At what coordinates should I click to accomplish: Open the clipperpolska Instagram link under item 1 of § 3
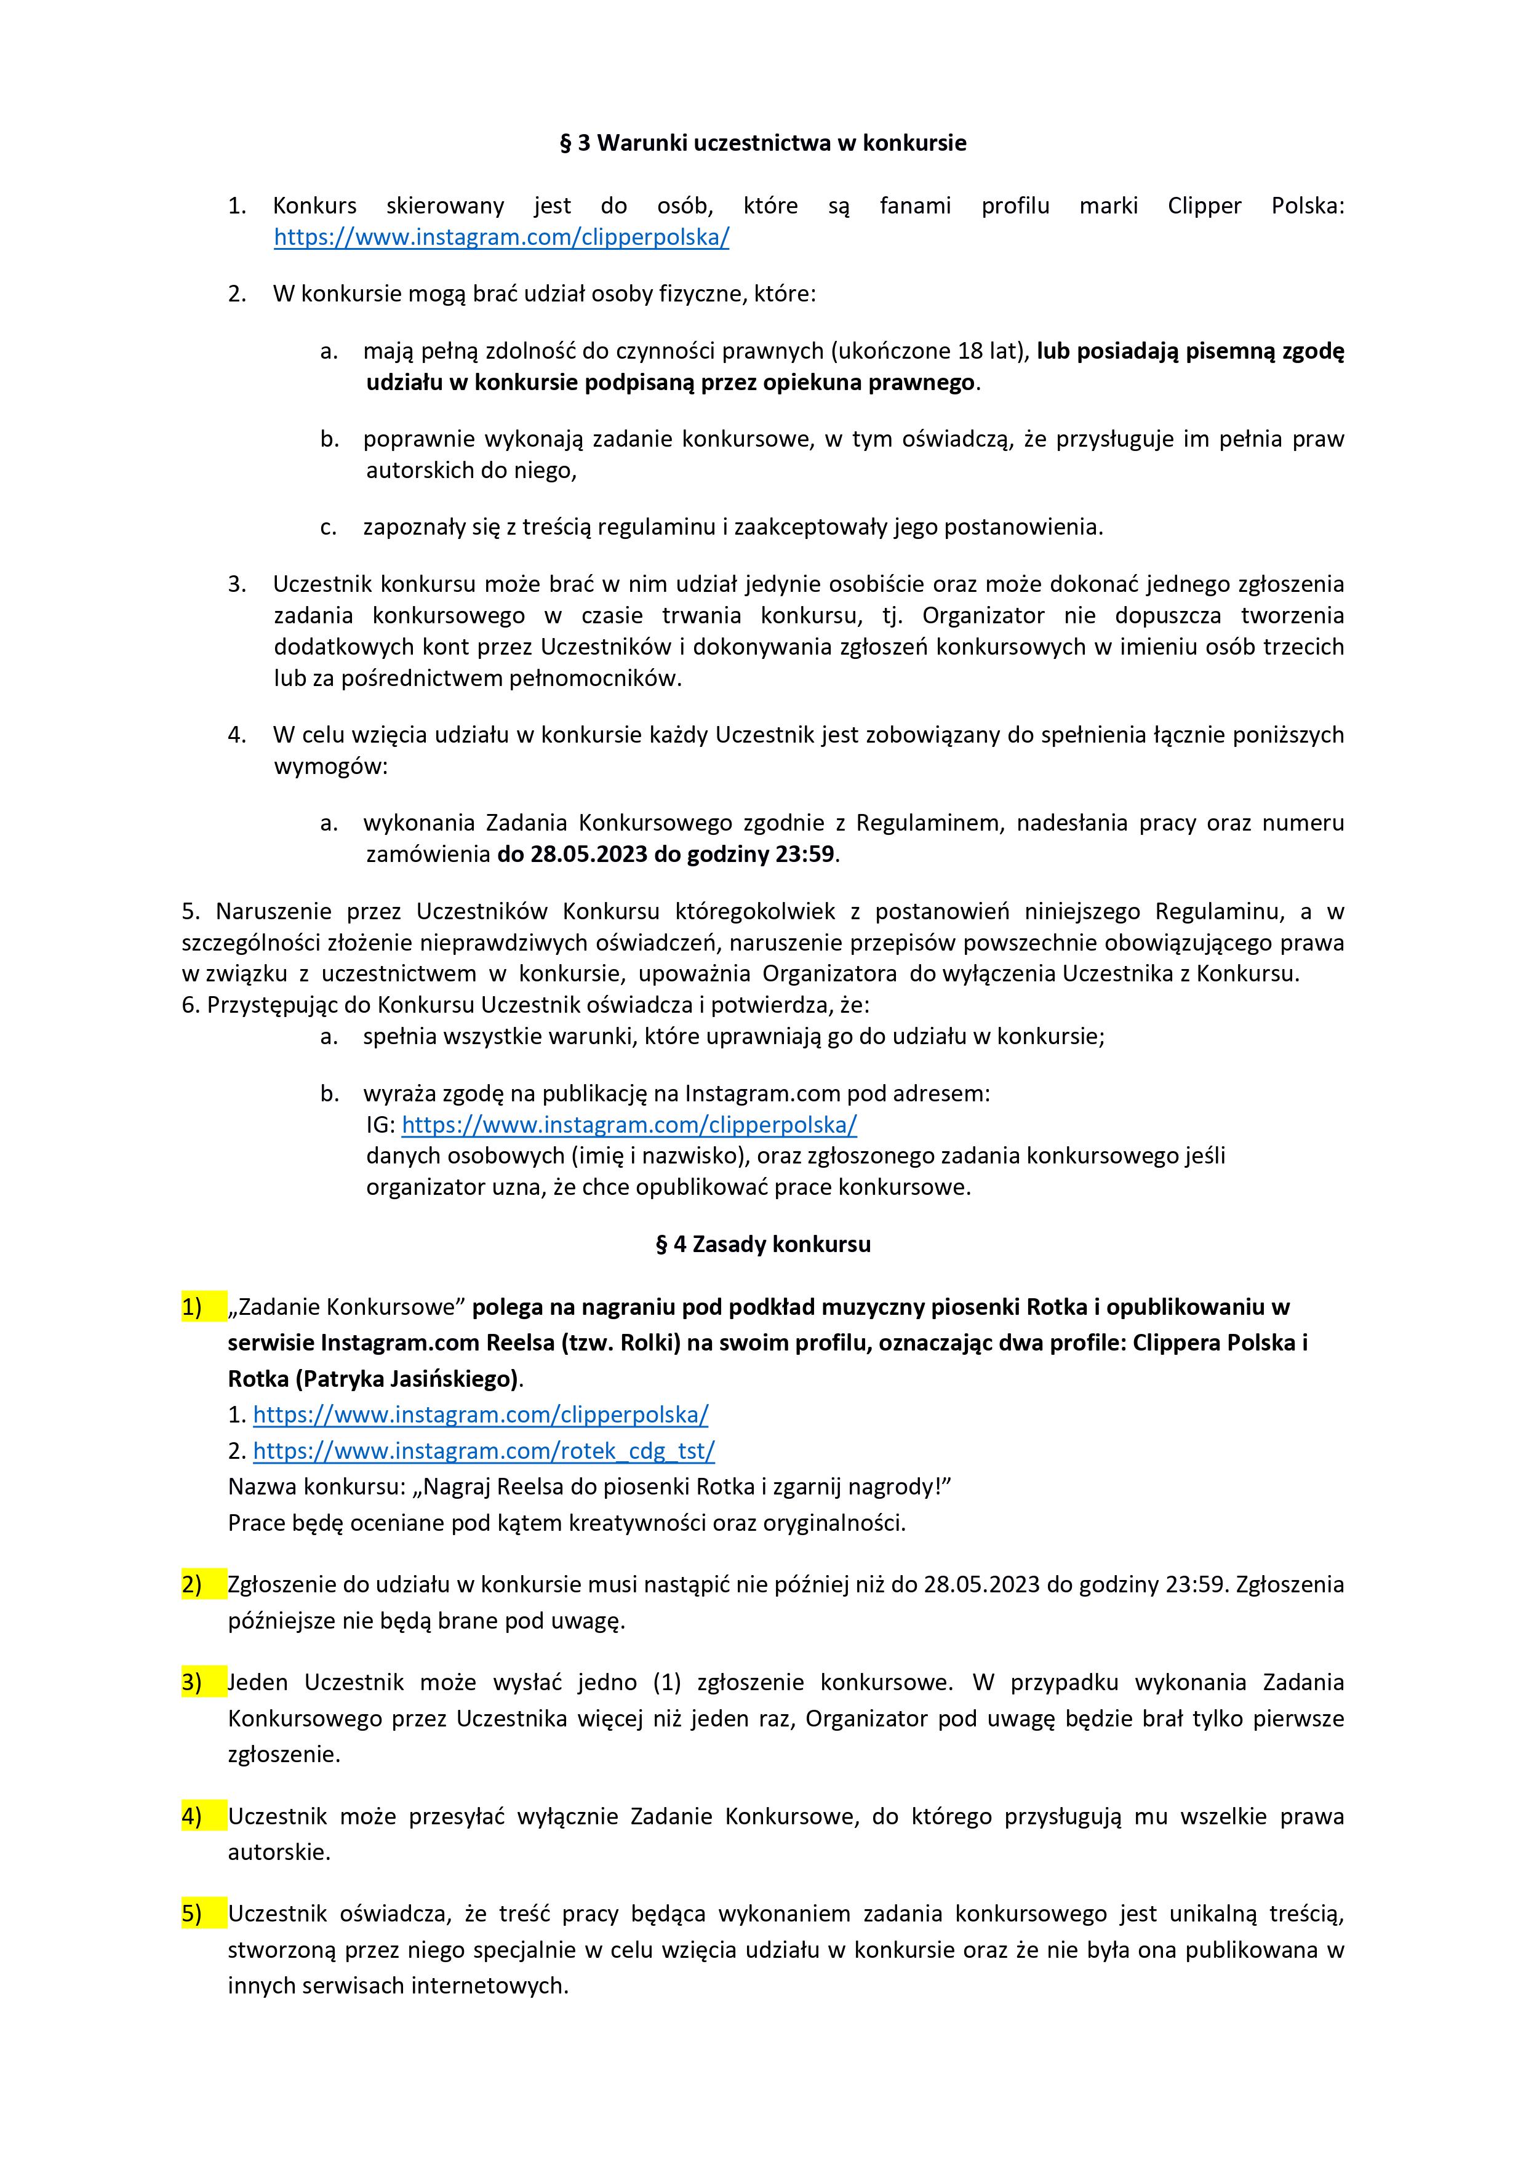pos(501,237)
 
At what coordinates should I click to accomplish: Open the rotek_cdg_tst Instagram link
pos(483,1451)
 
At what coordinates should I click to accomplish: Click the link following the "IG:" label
pos(629,1125)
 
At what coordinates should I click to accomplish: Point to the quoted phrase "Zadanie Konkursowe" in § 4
pos(348,1307)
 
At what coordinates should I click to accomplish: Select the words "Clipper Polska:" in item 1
pos(1255,206)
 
